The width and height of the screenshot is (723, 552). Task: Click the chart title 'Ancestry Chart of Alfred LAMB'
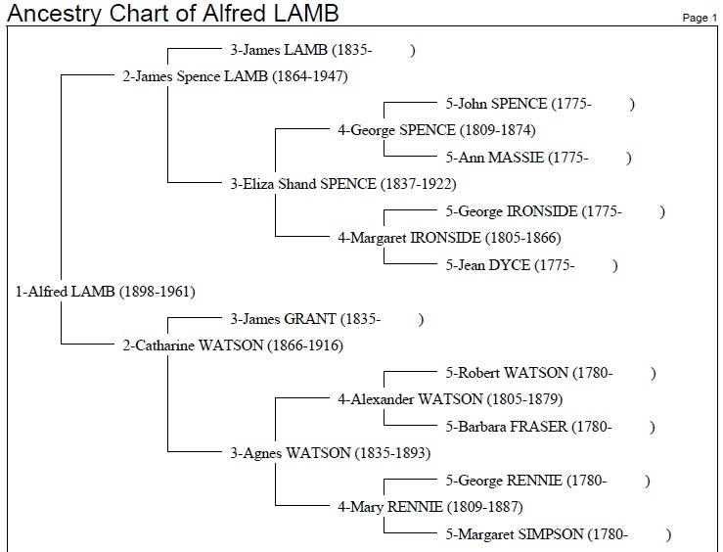pos(173,13)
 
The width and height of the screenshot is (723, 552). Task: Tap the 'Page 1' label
pos(700,18)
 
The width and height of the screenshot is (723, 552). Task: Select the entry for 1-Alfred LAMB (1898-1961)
pos(106,292)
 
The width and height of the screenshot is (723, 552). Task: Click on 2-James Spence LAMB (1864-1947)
pos(235,76)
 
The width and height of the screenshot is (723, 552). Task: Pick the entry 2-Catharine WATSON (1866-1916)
pos(233,345)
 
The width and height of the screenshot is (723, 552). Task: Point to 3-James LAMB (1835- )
pos(323,50)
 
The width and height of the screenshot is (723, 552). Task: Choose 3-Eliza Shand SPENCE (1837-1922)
pos(343,184)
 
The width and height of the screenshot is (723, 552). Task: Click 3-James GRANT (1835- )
pos(327,319)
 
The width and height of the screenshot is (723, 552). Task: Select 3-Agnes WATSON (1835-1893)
pos(331,453)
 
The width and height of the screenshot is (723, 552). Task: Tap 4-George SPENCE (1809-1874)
pos(436,130)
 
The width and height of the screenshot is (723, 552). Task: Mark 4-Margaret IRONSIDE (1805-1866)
pos(450,239)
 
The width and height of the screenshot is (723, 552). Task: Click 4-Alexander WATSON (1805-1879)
pos(450,399)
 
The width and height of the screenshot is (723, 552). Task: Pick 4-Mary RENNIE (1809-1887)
pos(430,507)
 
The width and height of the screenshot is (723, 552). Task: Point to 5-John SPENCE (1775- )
pos(540,104)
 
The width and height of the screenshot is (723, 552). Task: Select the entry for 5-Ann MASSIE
pos(538,158)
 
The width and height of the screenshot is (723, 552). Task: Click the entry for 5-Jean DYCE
pos(531,265)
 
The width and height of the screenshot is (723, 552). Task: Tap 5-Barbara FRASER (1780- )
pos(551,427)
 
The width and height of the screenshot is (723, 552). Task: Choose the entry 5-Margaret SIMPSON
pos(559,534)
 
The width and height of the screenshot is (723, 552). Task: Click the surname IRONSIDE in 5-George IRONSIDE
pos(542,211)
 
